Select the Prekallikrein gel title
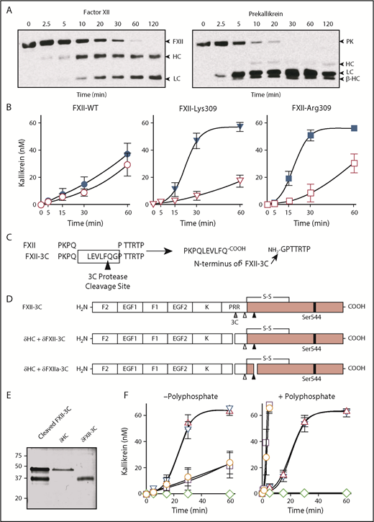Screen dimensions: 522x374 (x=276, y=6)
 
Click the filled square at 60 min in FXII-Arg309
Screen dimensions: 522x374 (x=354, y=128)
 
